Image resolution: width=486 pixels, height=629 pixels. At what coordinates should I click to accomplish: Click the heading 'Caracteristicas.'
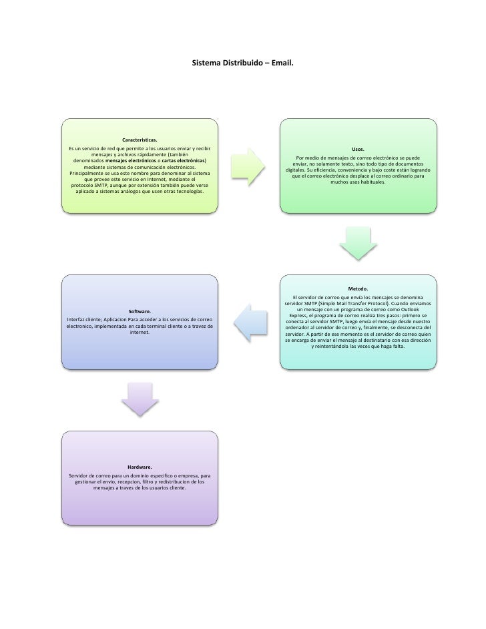click(140, 140)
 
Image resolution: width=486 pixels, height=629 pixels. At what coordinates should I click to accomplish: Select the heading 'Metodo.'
click(358, 288)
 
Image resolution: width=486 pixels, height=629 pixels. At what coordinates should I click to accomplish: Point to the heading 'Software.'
click(140, 311)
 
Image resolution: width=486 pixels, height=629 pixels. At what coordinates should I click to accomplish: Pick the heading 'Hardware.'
click(140, 467)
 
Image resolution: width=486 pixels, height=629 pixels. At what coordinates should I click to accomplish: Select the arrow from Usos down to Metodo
click(358, 243)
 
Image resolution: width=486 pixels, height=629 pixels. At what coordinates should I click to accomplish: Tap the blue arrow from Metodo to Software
click(248, 321)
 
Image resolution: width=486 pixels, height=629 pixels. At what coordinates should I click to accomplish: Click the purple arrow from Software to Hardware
click(140, 399)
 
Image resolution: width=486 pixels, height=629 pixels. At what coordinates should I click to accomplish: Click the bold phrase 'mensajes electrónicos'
click(131, 161)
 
